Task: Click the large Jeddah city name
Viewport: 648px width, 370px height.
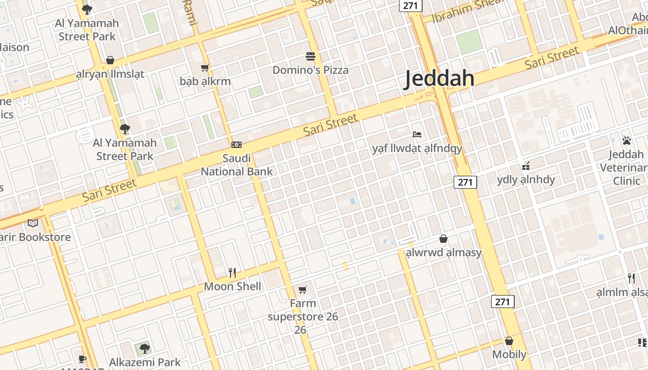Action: (x=439, y=79)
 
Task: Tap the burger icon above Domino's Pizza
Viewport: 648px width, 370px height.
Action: (x=311, y=56)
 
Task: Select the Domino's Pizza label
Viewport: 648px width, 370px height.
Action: (x=310, y=70)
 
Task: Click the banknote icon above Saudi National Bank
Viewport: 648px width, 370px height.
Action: (x=237, y=145)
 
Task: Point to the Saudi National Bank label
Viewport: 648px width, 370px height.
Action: (x=237, y=165)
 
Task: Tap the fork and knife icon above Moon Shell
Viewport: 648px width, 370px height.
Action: (x=232, y=273)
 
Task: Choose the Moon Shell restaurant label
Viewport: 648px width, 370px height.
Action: (x=232, y=286)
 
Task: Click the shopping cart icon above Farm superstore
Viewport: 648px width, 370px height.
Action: (x=303, y=290)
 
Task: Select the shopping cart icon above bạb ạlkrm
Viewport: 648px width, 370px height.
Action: (x=205, y=68)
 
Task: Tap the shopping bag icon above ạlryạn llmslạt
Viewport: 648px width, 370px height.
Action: (x=110, y=60)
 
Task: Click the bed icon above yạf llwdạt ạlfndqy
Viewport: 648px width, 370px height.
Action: (x=417, y=135)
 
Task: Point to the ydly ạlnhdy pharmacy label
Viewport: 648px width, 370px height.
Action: (x=526, y=179)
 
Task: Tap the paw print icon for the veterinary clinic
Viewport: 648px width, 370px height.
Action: (x=627, y=141)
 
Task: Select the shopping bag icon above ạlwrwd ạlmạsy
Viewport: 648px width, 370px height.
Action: (x=443, y=239)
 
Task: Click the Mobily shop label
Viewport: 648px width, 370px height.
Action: (x=509, y=354)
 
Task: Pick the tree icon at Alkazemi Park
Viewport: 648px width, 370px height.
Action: (x=145, y=348)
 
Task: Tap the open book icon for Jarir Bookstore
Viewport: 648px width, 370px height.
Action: (x=33, y=223)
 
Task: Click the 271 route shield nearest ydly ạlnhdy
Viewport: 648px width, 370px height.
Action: (x=465, y=182)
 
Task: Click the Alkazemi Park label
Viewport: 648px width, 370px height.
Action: (x=145, y=362)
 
